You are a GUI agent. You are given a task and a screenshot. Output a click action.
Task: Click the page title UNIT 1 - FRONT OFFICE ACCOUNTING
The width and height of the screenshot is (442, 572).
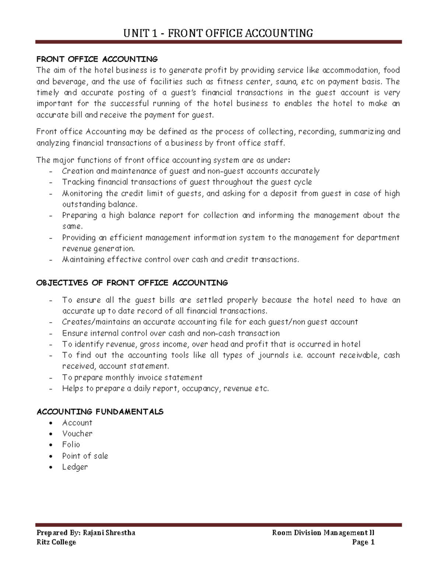218,34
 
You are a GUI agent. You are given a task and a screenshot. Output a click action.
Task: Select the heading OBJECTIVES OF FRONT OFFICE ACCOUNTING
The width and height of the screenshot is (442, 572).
132,283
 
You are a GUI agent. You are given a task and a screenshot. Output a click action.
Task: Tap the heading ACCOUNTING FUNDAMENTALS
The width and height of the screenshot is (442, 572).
100,412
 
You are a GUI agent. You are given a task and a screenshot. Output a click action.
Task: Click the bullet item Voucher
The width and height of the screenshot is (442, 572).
77,434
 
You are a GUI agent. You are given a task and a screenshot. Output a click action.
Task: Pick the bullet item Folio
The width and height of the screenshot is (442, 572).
71,445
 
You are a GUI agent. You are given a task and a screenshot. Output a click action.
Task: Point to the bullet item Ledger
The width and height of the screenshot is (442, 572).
75,467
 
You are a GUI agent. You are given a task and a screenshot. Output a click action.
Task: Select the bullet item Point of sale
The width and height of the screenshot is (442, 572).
85,456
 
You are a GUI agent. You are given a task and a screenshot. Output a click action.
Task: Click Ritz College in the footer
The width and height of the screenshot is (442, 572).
56,542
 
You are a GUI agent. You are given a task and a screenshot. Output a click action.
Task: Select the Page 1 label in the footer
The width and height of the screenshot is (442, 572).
363,542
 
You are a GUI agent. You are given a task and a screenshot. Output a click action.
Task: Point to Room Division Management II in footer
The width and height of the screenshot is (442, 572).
323,533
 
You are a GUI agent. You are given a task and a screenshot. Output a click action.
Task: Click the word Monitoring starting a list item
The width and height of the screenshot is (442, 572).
82,194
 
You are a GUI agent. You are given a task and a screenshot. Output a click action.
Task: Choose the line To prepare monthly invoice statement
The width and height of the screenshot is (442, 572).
132,378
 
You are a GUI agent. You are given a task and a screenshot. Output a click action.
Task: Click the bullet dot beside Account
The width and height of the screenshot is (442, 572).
54,423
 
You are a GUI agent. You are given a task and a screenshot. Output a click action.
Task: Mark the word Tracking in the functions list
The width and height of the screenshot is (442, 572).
76,182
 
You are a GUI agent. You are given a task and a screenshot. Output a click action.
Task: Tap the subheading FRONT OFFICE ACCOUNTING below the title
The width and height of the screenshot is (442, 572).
97,59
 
